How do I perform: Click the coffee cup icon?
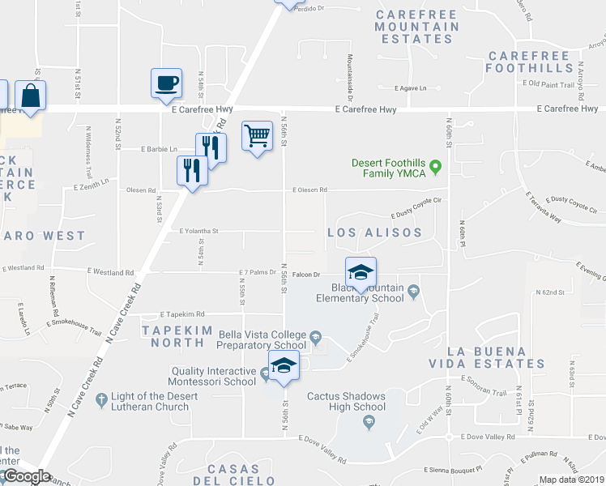[166, 82]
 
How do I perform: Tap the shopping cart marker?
[257, 134]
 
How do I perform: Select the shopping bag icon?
[30, 95]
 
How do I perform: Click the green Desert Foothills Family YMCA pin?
[435, 168]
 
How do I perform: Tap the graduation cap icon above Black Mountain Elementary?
[361, 271]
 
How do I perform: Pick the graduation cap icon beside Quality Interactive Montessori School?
[284, 365]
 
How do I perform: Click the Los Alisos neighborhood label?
[374, 232]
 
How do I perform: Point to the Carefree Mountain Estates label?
[417, 27]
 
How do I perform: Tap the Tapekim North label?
[173, 336]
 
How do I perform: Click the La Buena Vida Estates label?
[497, 357]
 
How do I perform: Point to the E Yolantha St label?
[198, 230]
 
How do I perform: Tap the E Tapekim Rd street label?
[182, 313]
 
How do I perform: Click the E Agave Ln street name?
[410, 87]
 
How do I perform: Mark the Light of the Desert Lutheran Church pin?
[101, 399]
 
